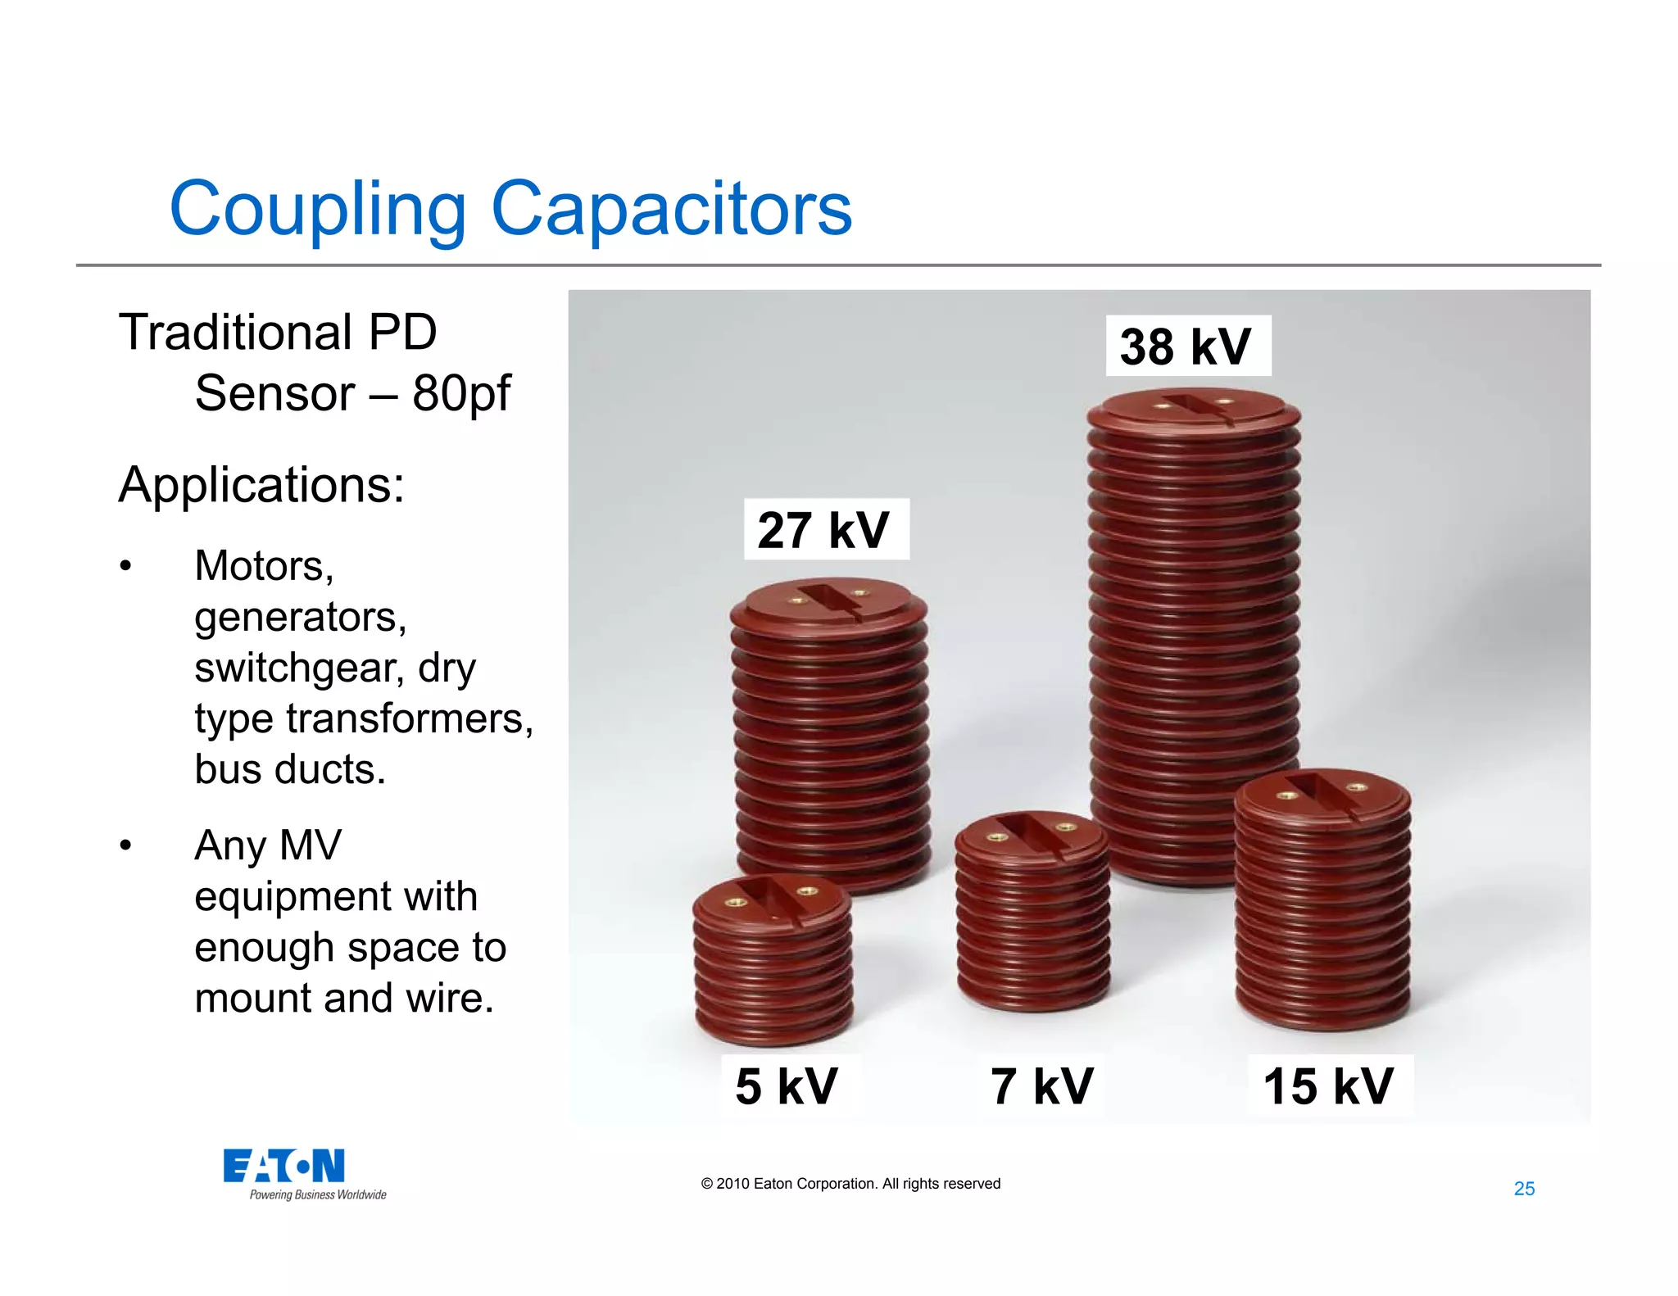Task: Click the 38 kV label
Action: [1186, 347]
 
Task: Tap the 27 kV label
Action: [824, 530]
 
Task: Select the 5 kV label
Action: [787, 1086]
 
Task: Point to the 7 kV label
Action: [1042, 1086]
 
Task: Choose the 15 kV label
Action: [1328, 1086]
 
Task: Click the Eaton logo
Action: [283, 1166]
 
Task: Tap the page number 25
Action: [1524, 1189]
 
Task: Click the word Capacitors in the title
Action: [671, 208]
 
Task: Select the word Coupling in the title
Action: [318, 210]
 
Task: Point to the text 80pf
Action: [461, 394]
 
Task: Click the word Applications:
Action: [261, 485]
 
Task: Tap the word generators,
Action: [301, 618]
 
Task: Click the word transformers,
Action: [410, 719]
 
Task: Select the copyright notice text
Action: [850, 1184]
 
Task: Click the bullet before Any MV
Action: [125, 845]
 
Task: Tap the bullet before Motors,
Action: [125, 566]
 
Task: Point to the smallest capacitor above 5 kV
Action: [773, 958]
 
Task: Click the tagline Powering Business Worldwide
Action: [318, 1195]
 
